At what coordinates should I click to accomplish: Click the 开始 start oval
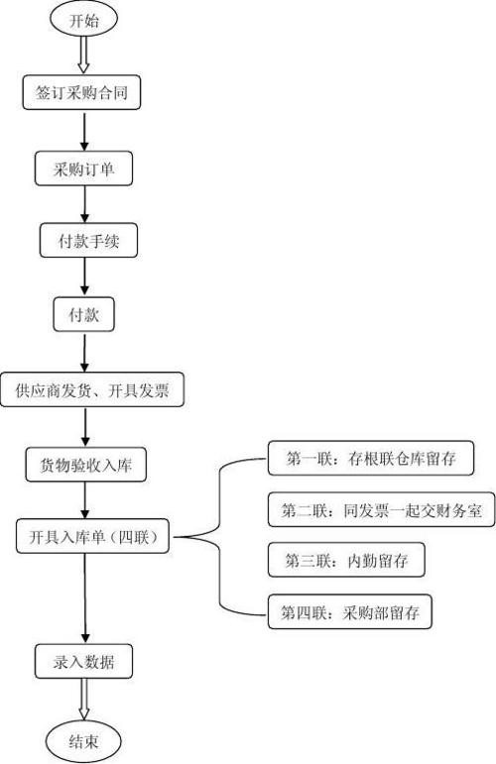[83, 20]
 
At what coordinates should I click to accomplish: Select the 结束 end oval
[83, 741]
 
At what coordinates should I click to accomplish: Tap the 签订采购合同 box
[81, 92]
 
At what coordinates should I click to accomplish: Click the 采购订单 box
[83, 168]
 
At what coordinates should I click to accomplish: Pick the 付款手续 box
[88, 240]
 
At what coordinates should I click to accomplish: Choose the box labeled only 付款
[84, 314]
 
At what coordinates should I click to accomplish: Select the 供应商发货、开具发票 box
[92, 389]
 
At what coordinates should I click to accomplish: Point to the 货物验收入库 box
[86, 465]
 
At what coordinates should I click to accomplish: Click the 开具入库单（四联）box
[92, 536]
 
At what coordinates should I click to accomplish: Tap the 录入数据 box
[83, 661]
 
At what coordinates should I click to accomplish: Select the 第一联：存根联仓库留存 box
[371, 458]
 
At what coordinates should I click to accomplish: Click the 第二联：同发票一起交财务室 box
[381, 509]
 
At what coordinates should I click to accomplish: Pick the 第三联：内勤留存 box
[346, 560]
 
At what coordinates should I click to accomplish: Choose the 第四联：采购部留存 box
[350, 611]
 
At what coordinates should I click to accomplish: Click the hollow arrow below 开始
[83, 55]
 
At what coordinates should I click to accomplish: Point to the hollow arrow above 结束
[84, 700]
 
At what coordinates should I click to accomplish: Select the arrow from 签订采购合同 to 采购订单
[84, 132]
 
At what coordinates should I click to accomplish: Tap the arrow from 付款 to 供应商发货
[85, 353]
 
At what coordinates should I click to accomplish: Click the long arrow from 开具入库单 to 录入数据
[85, 599]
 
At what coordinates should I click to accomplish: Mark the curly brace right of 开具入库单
[219, 536]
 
